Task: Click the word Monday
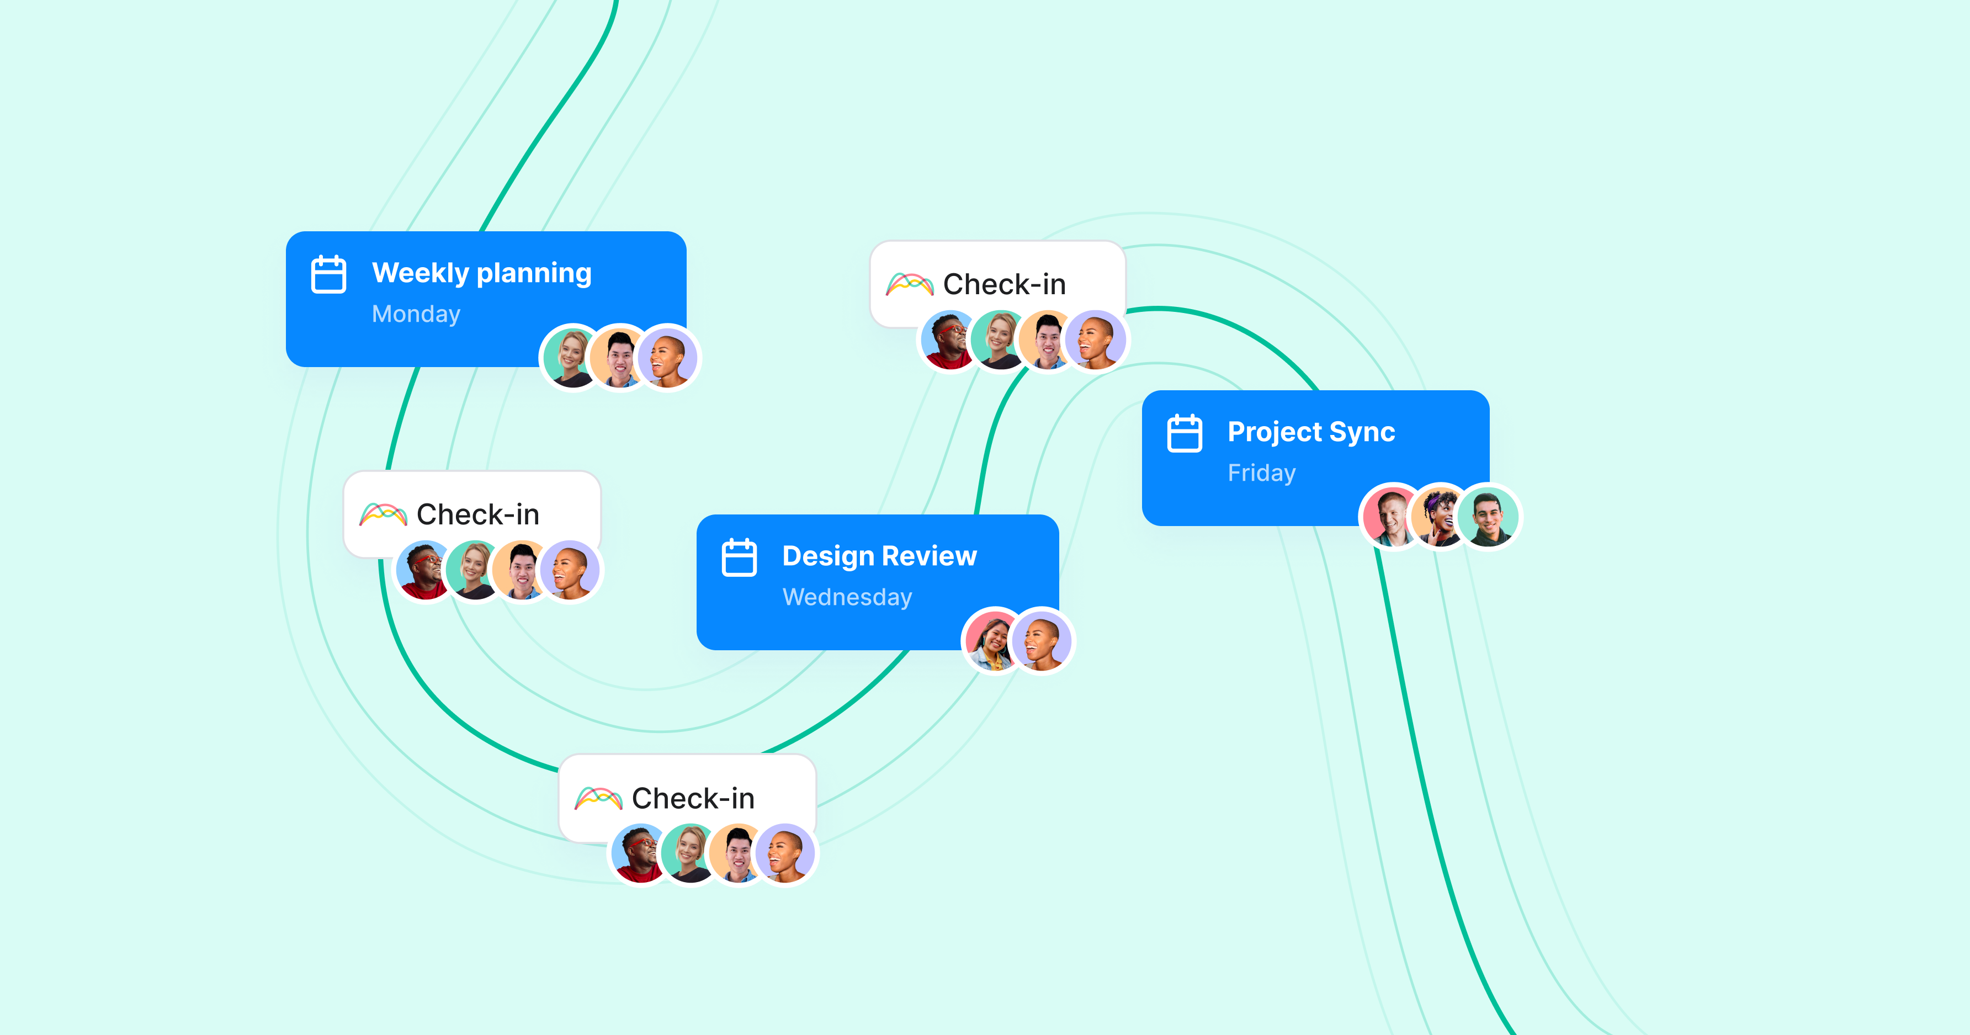416,315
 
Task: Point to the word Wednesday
847,597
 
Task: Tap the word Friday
1262,473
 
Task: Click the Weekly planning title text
482,273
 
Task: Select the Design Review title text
879,556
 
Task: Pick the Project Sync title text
1311,432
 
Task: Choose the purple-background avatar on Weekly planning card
668,357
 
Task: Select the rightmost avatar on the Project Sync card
1488,516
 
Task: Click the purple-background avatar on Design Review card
1042,640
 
